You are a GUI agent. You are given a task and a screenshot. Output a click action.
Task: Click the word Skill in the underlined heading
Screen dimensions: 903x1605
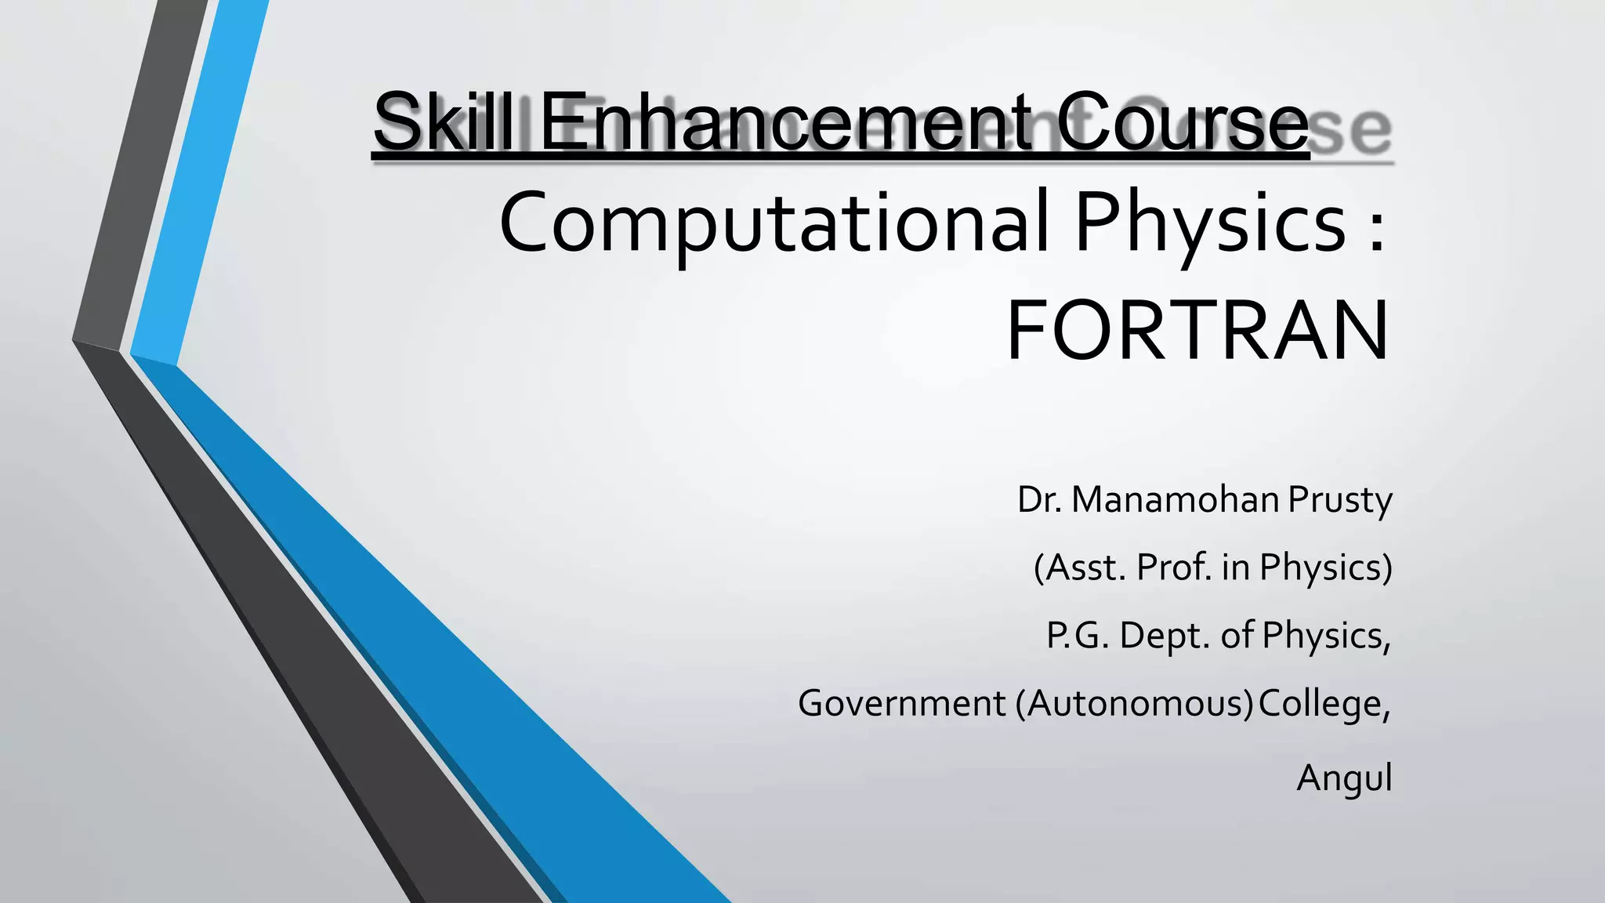444,123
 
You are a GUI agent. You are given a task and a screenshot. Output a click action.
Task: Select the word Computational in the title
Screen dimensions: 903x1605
772,223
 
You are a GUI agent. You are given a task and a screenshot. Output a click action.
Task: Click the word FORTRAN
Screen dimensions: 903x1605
1197,332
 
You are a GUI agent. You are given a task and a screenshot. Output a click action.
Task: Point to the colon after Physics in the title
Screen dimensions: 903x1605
1378,227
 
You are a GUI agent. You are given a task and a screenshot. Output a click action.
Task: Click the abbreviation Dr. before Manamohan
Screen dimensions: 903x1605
1039,500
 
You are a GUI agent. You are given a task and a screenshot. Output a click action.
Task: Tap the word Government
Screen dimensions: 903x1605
901,704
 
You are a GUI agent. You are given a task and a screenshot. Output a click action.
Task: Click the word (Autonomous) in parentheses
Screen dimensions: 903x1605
1135,704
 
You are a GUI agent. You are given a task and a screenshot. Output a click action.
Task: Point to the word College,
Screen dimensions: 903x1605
1325,704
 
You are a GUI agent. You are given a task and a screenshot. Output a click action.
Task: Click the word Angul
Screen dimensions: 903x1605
1344,778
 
